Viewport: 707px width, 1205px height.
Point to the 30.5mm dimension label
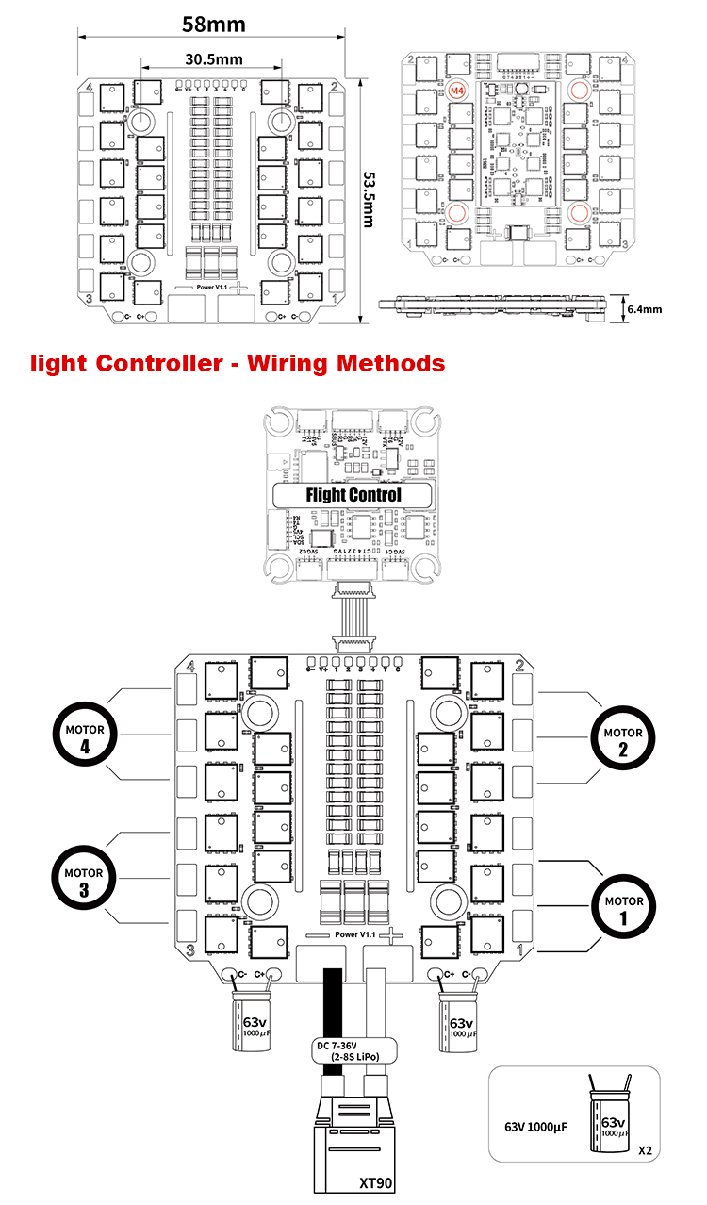(210, 58)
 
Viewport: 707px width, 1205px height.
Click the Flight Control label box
(353, 495)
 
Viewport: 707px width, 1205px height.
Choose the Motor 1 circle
(622, 907)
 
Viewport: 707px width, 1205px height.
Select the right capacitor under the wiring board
(460, 1025)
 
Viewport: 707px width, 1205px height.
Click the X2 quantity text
(645, 1150)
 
